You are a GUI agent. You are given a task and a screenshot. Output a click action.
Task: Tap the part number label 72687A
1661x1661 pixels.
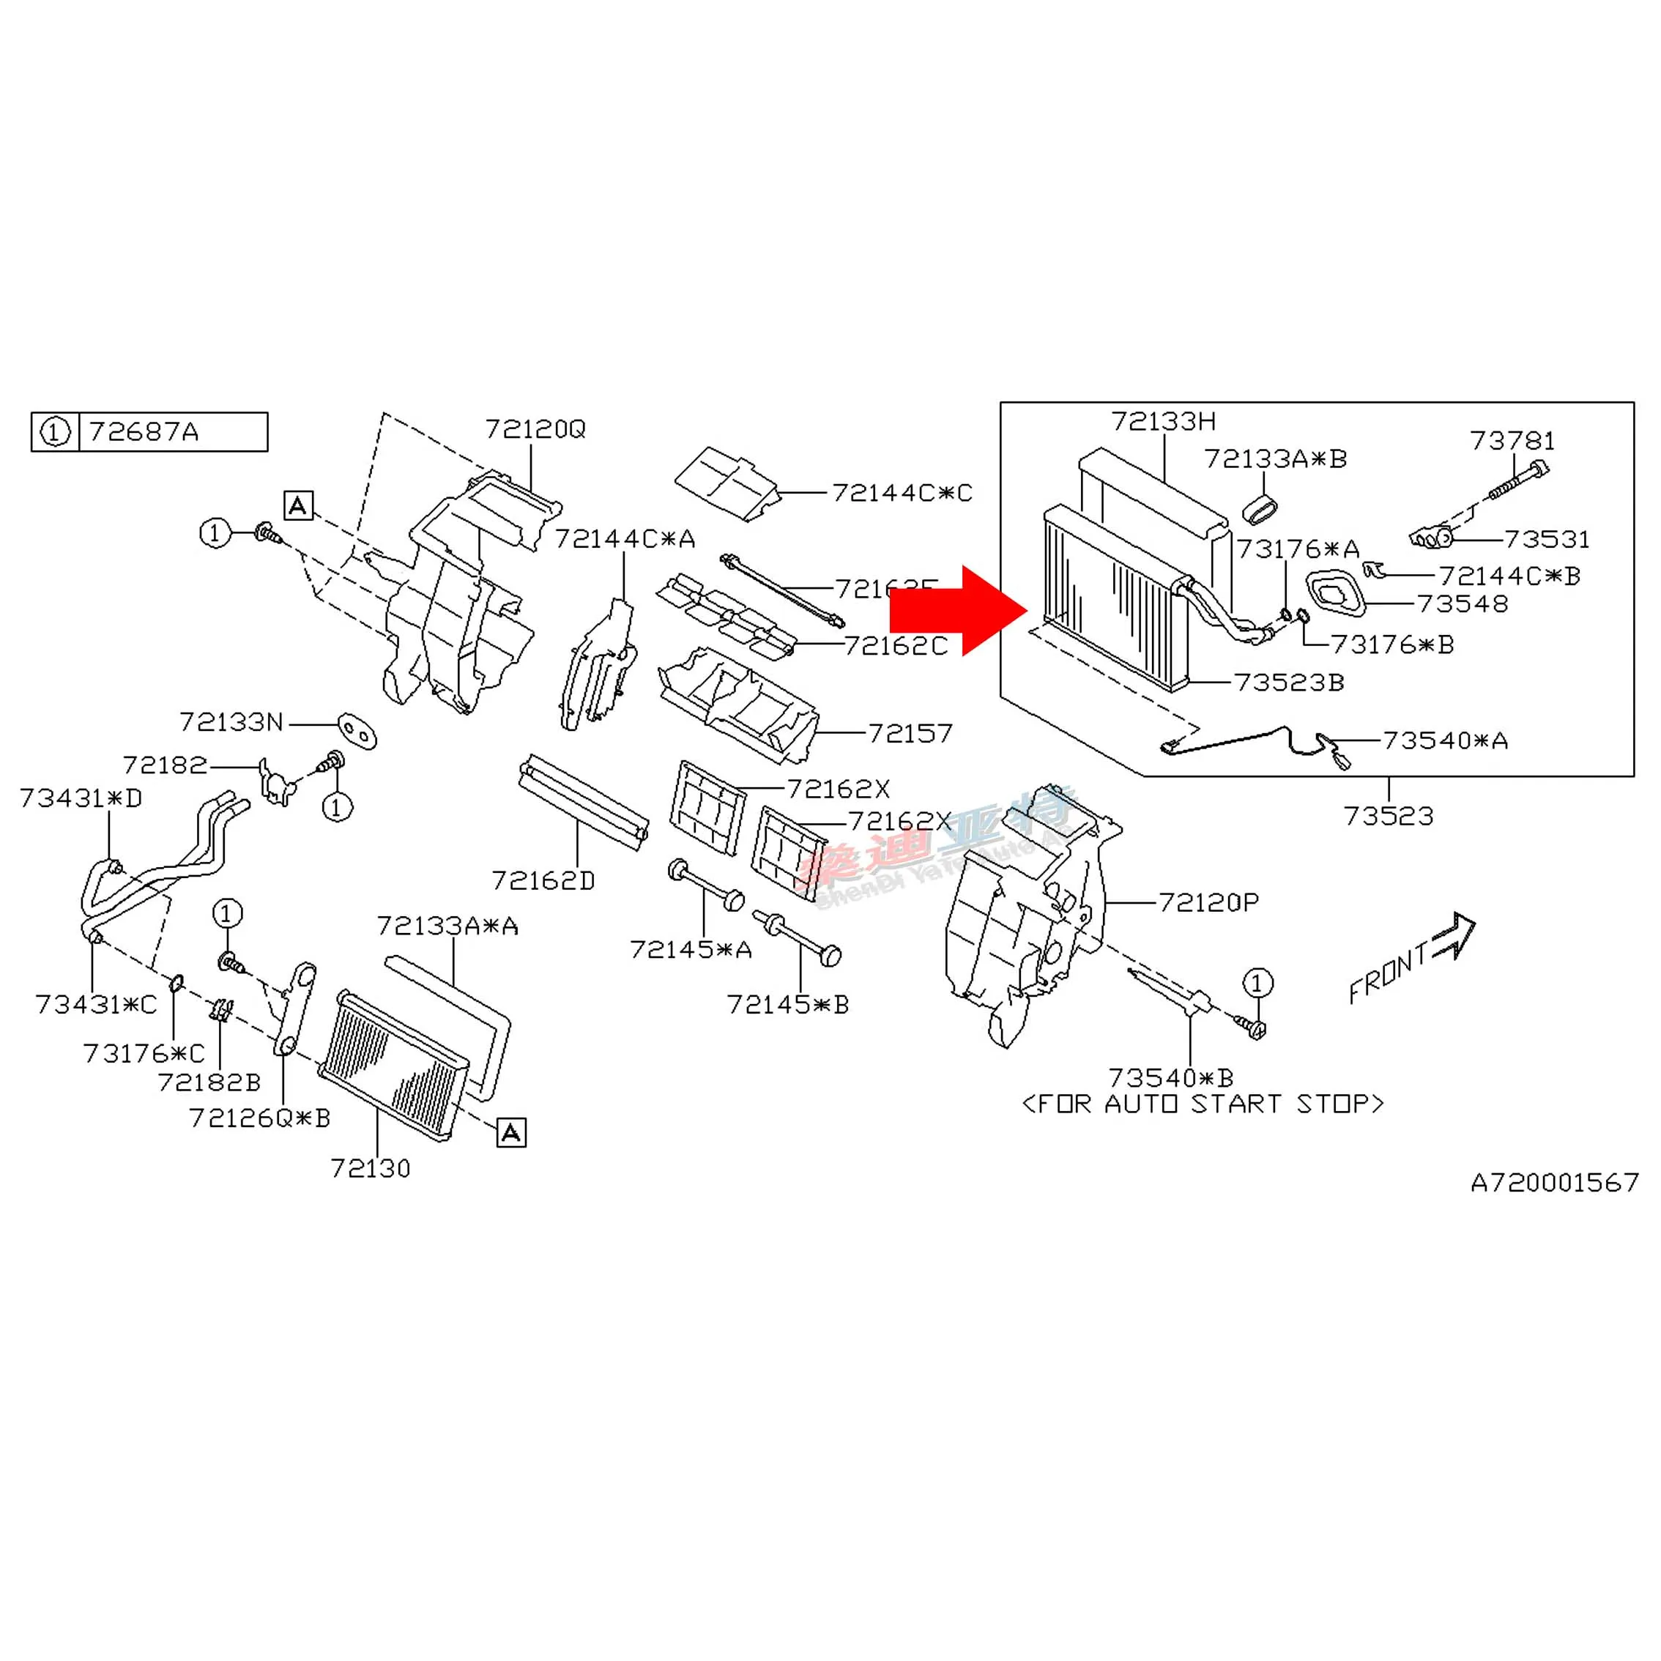pyautogui.click(x=144, y=431)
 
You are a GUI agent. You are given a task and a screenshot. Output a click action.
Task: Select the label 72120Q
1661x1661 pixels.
pyautogui.click(x=535, y=429)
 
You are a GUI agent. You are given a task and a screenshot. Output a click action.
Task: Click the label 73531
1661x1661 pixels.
pyautogui.click(x=1547, y=540)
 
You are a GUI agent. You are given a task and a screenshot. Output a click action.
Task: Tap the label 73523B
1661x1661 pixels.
pyautogui.click(x=1289, y=683)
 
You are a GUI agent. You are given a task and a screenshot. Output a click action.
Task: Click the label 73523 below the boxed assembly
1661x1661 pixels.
pyautogui.click(x=1389, y=816)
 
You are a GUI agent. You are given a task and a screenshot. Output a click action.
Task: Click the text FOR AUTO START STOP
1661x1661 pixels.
pyautogui.click(x=1203, y=1104)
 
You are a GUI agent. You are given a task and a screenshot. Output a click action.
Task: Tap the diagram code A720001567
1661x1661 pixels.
pyautogui.click(x=1554, y=1183)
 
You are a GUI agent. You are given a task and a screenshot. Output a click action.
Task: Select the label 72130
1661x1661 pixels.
pyautogui.click(x=371, y=1168)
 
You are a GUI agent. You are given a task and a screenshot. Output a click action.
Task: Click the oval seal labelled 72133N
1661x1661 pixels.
pyautogui.click(x=357, y=732)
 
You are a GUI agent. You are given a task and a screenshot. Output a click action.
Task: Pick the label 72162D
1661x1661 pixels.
pyautogui.click(x=543, y=880)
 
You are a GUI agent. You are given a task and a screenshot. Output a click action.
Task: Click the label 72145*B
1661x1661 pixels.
pyautogui.click(x=787, y=1004)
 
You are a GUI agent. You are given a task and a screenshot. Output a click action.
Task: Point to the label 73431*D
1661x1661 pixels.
pyautogui.click(x=81, y=799)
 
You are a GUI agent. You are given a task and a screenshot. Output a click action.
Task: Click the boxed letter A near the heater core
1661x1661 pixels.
pyautogui.click(x=510, y=1132)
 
